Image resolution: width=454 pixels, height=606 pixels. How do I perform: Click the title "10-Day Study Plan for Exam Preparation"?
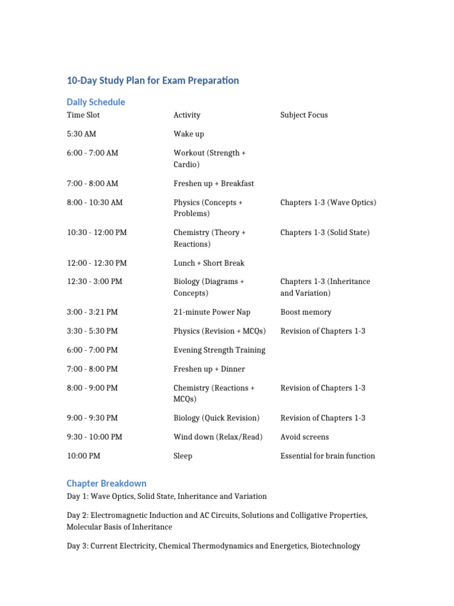coord(153,80)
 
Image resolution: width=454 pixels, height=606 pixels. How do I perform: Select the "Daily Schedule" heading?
coord(96,102)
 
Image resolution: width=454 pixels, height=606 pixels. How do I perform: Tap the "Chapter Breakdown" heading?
coord(106,483)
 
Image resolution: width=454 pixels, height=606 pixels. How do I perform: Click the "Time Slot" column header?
coord(83,115)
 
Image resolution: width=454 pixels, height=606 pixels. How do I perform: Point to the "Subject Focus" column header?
coord(304,115)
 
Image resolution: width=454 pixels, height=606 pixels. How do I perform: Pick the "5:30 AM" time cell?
coord(82,134)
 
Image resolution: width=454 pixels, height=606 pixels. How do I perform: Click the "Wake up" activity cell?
coord(189,134)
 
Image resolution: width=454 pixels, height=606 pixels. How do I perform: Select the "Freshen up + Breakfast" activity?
coord(213,183)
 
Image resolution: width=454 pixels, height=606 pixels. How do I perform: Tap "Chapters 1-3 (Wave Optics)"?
coord(328,202)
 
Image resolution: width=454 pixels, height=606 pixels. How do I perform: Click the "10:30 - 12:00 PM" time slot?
coord(97,233)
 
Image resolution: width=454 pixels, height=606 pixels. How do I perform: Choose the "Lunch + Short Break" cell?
coord(209,263)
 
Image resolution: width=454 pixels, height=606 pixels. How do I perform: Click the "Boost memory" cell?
coord(306,312)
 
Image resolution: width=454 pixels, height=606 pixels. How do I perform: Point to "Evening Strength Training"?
coord(219,350)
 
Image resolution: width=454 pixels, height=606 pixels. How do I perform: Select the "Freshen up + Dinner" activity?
coord(209,369)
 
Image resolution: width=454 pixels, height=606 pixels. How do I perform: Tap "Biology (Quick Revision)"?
coord(216,418)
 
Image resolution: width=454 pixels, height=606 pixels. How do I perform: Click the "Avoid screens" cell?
coord(304,437)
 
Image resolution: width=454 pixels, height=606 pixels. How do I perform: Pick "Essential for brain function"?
coord(327,456)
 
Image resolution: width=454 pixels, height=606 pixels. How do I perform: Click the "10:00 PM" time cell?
coord(83,456)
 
